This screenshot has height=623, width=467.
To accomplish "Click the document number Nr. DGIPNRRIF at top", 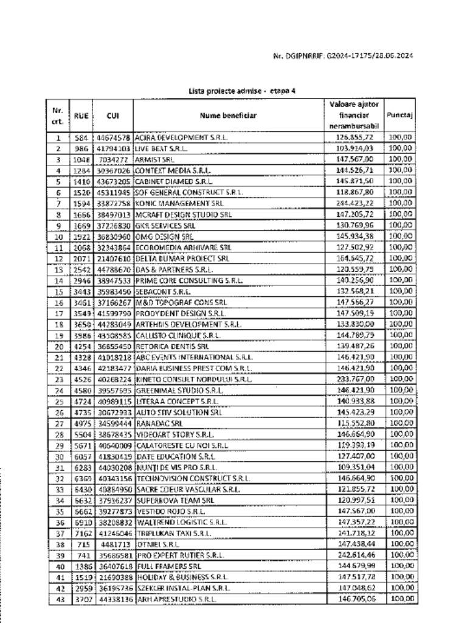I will coord(344,57).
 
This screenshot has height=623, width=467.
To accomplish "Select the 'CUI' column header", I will coord(112,115).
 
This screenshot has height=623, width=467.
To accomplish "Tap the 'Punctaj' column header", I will coord(400,114).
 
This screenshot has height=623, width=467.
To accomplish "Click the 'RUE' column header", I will coord(81,115).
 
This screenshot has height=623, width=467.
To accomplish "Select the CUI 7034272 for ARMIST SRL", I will coord(114,159).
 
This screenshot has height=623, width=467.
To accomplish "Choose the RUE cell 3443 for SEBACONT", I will coord(82,291).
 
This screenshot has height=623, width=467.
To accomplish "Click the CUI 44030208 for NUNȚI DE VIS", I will coord(113,467).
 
